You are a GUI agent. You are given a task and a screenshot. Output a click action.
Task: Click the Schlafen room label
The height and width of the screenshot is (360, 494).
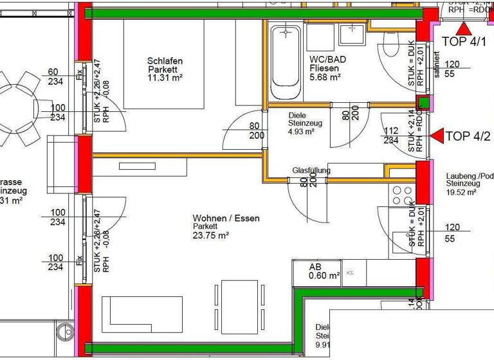(x=165, y=61)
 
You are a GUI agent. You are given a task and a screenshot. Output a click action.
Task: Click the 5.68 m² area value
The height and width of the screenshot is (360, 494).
(x=325, y=76)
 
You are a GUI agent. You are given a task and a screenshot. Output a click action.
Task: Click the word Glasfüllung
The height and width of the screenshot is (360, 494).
(x=311, y=170)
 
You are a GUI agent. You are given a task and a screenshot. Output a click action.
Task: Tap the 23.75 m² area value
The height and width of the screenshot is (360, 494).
(x=210, y=235)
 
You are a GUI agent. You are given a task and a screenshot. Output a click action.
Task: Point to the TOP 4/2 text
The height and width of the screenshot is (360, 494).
(x=468, y=136)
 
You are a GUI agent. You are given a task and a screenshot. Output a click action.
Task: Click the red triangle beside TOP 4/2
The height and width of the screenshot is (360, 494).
(x=437, y=136)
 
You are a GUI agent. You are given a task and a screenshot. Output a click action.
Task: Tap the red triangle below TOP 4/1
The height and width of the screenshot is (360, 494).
(x=464, y=28)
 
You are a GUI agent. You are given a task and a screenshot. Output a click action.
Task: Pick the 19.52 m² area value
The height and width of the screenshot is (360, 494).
(x=461, y=192)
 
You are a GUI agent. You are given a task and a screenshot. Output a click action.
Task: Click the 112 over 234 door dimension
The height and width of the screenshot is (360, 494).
(x=391, y=135)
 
